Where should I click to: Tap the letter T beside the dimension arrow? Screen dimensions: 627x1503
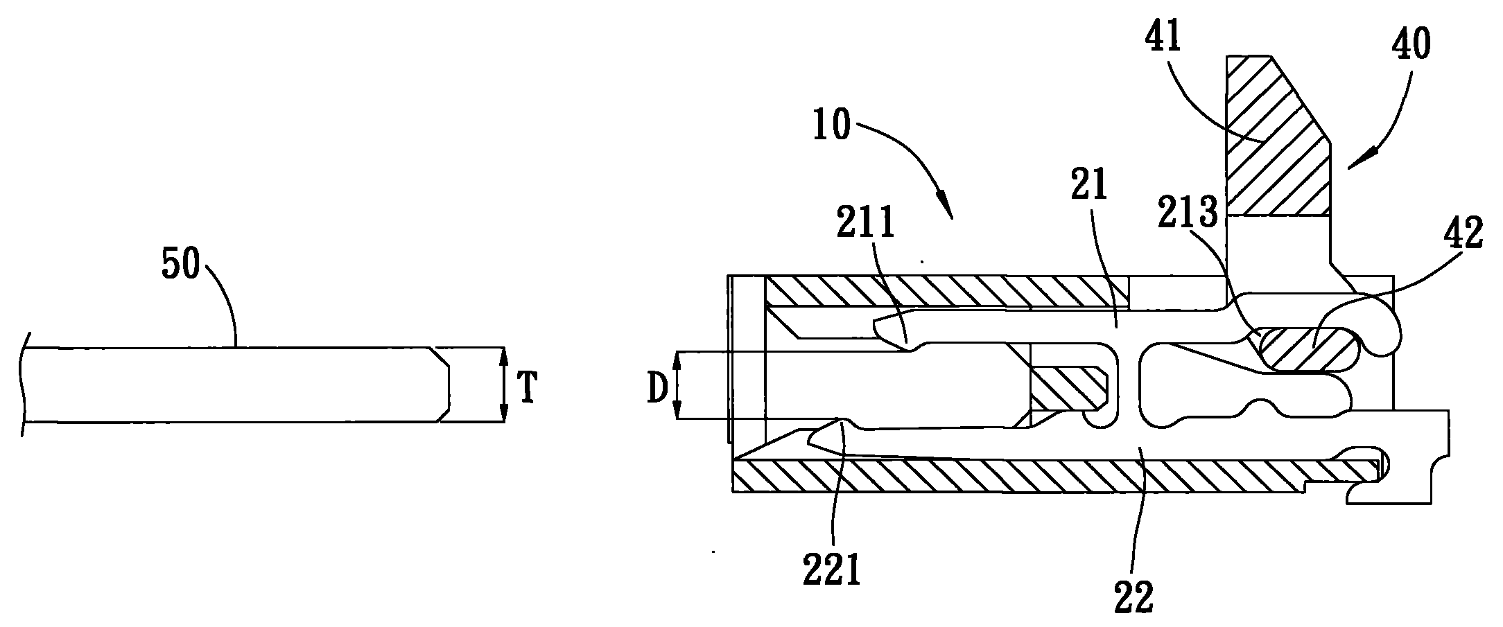pos(528,389)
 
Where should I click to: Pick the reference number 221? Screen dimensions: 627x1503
pos(833,571)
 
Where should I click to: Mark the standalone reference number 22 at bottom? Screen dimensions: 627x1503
pos(1133,596)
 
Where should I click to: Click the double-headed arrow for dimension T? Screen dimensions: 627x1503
pos(504,385)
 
